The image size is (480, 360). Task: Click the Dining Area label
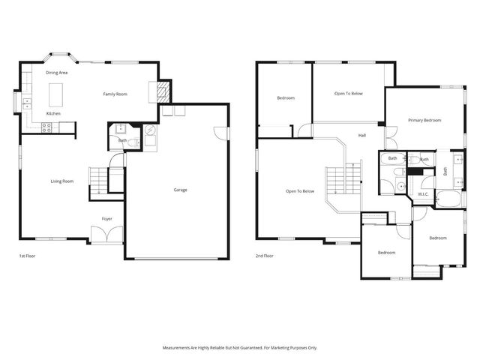pos(57,73)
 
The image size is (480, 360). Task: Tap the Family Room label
pos(115,94)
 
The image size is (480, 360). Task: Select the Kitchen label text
pos(53,113)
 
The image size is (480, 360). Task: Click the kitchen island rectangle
pos(55,94)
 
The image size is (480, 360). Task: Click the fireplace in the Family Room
pos(163,91)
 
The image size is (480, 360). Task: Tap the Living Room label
pos(61,181)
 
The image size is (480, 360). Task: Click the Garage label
pos(180,190)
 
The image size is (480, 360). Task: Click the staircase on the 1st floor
pos(98,181)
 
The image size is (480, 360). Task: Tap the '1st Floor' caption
pos(28,256)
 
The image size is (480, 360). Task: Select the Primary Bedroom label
pos(424,120)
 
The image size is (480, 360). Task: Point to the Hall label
pos(361,135)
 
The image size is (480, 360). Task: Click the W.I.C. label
pos(422,194)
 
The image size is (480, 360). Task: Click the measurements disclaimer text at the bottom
pos(240,347)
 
